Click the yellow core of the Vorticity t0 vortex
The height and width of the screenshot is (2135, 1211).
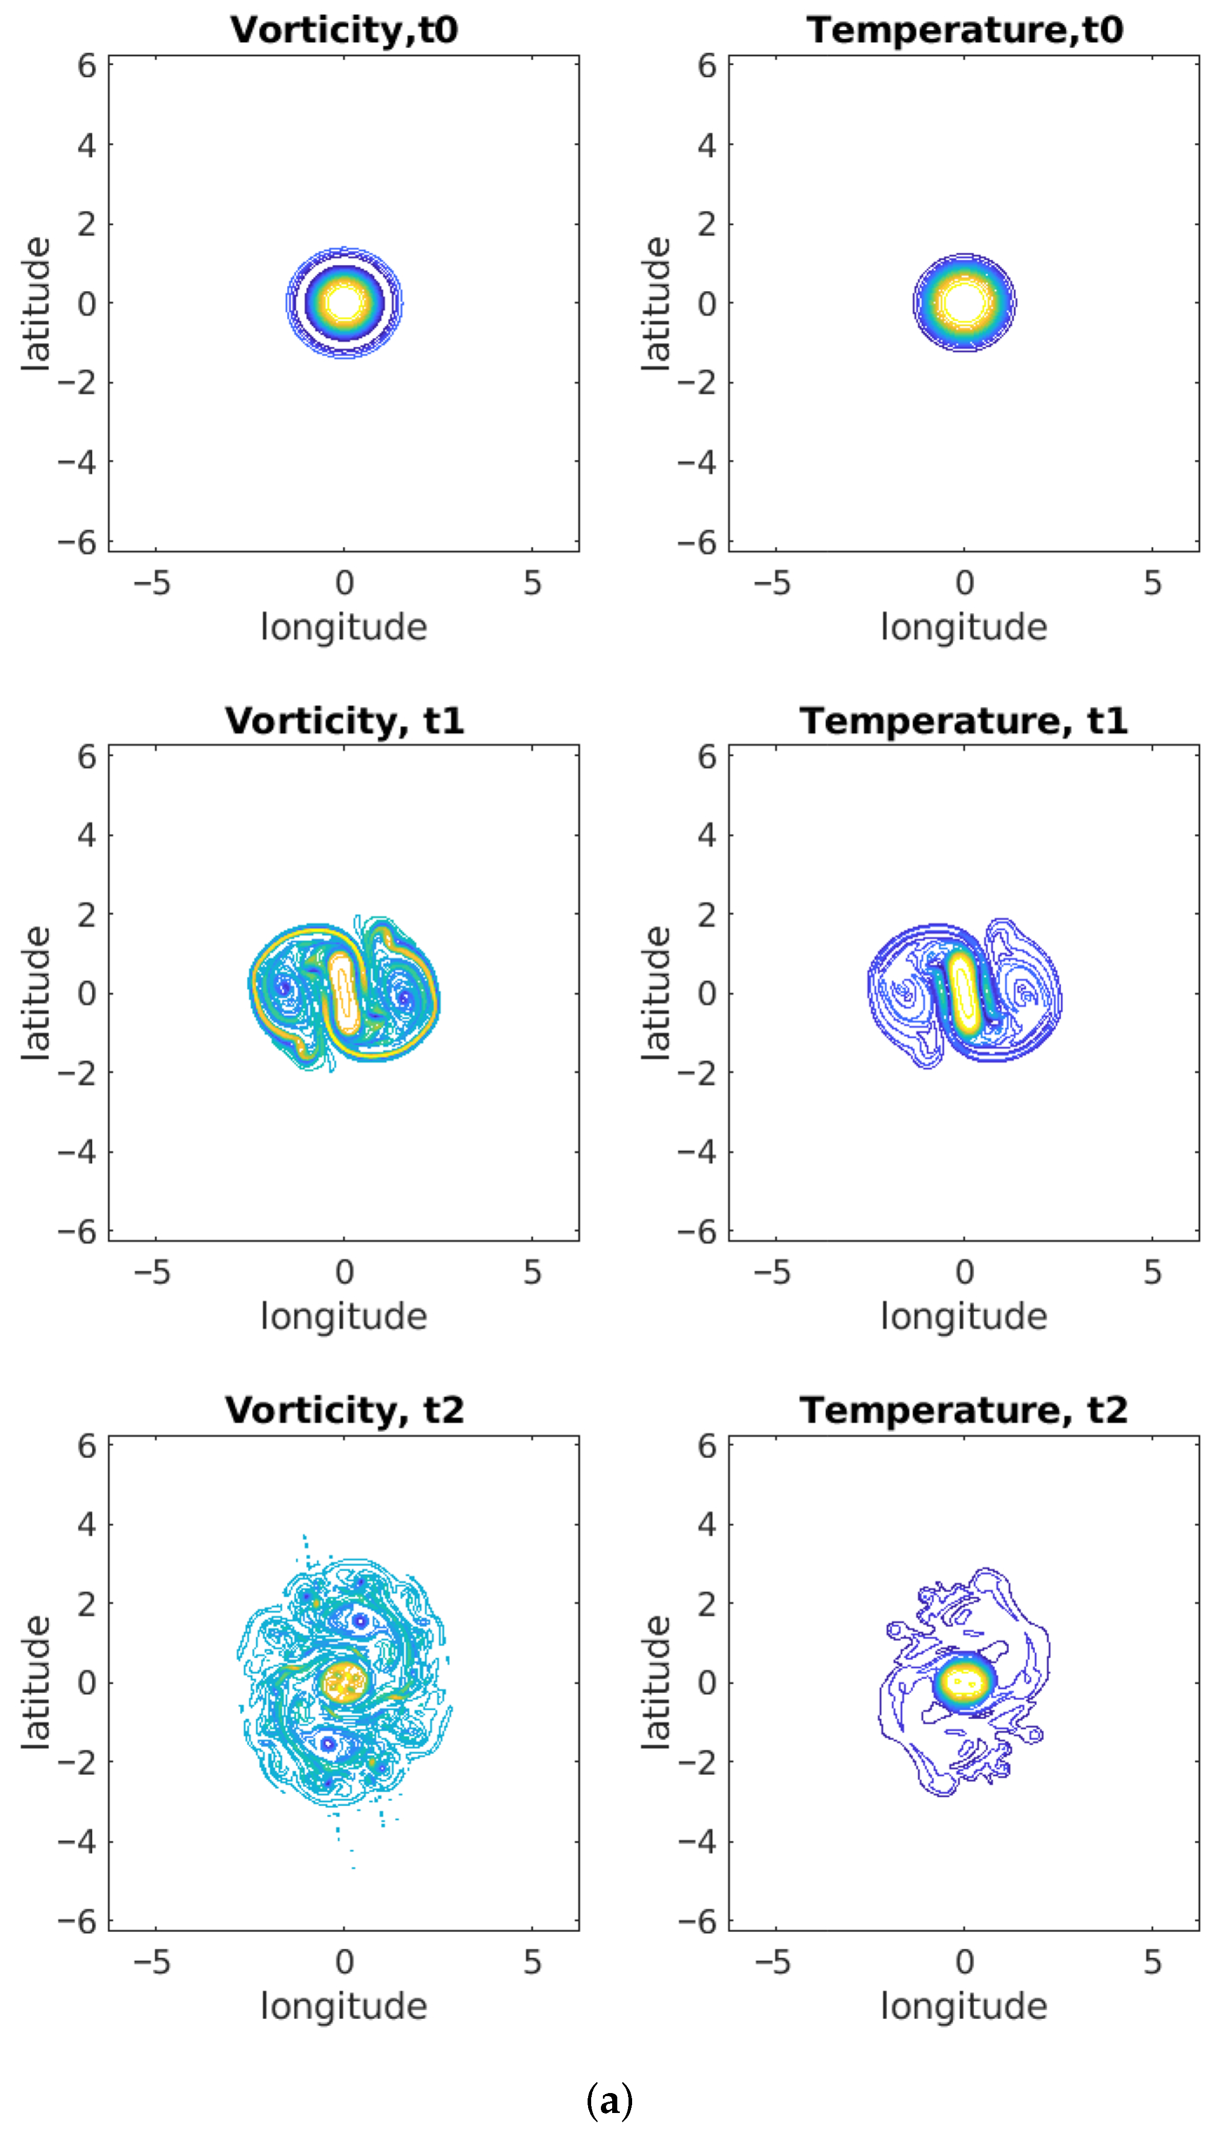[x=343, y=302]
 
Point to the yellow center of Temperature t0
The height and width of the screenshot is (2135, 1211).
[x=964, y=302]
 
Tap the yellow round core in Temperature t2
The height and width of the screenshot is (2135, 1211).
[x=964, y=1681]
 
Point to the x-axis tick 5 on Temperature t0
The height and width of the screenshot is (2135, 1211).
[x=1152, y=583]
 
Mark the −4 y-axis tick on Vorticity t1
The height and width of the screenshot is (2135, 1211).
[x=77, y=1152]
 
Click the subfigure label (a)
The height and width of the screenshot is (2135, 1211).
[x=610, y=2101]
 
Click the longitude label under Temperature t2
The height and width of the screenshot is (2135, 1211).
[x=964, y=2006]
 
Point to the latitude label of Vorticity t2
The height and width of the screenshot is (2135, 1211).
[x=37, y=1682]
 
